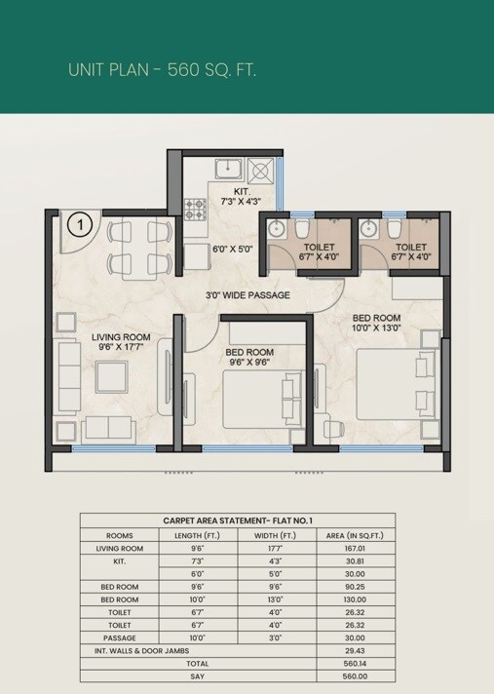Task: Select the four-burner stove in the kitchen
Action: click(196, 209)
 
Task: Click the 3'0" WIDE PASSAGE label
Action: click(247, 294)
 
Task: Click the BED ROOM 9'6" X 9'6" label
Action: click(248, 357)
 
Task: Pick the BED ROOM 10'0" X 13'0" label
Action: click(376, 323)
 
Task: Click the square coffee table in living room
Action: click(110, 376)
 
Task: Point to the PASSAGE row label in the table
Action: click(118, 637)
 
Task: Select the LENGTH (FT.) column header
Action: click(198, 535)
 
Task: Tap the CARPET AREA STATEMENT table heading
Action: click(237, 521)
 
